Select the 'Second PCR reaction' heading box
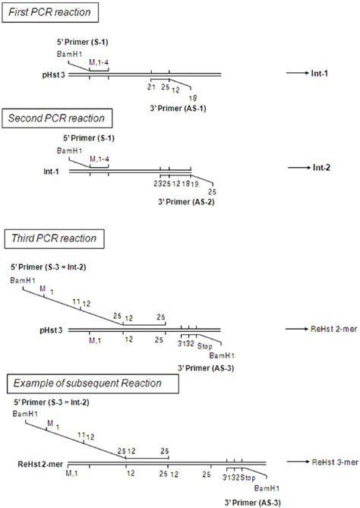[x=68, y=119]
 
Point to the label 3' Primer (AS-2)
[x=177, y=202]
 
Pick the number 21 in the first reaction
[x=150, y=87]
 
